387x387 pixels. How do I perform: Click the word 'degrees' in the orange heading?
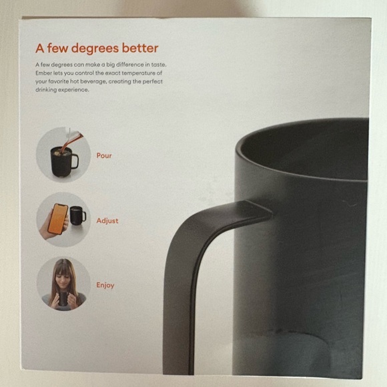95,49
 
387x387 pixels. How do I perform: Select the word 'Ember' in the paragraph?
43,73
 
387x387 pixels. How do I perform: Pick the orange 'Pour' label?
104,155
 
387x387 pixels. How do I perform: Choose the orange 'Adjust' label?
107,221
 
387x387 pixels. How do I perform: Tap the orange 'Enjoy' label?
105,285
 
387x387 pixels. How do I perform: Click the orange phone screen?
58,219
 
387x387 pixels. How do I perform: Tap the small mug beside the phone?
77,216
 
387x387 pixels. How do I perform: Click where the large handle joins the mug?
258,210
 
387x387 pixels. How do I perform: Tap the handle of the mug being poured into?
75,161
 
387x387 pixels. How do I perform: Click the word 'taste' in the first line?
158,65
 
